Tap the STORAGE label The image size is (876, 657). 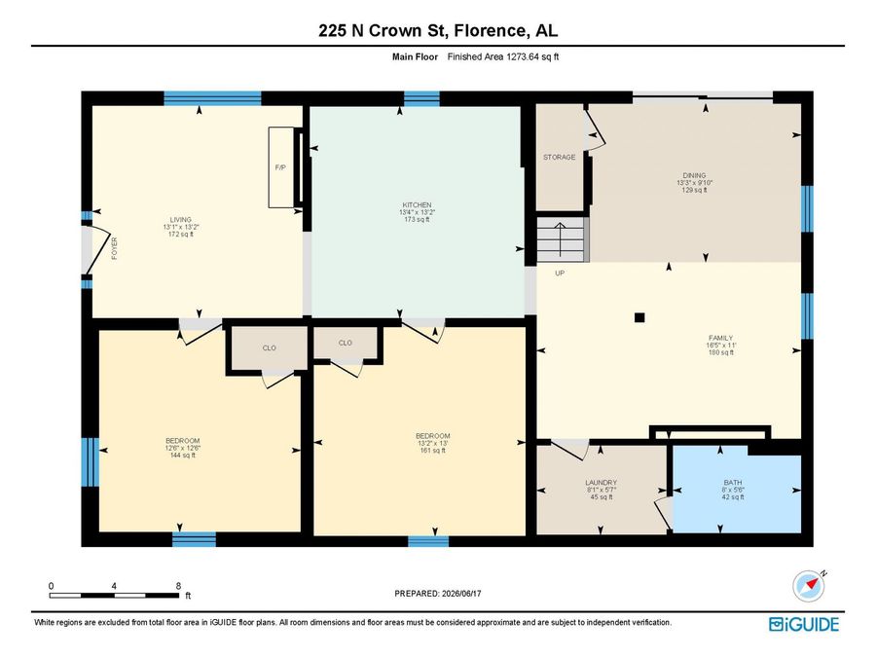tap(560, 158)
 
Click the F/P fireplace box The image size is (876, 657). tap(281, 167)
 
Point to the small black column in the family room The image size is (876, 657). tap(639, 318)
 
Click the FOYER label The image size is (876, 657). tap(115, 248)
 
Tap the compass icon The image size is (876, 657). tap(809, 586)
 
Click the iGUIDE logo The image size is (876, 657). tap(804, 624)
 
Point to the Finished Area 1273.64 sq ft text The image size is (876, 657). tap(503, 56)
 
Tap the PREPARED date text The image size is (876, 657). tap(437, 594)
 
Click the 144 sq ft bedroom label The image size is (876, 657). tap(183, 456)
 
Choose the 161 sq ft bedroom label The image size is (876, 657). tap(433, 451)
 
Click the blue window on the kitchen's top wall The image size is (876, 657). tap(421, 99)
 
